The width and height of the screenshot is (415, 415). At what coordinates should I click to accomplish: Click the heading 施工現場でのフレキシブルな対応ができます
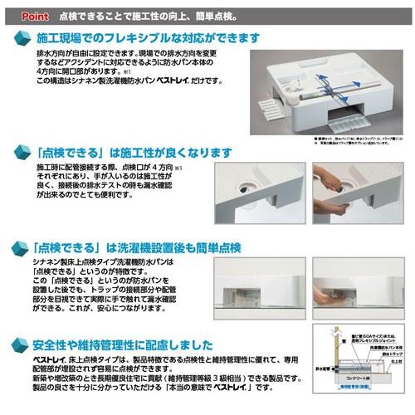pyautogui.click(x=149, y=38)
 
